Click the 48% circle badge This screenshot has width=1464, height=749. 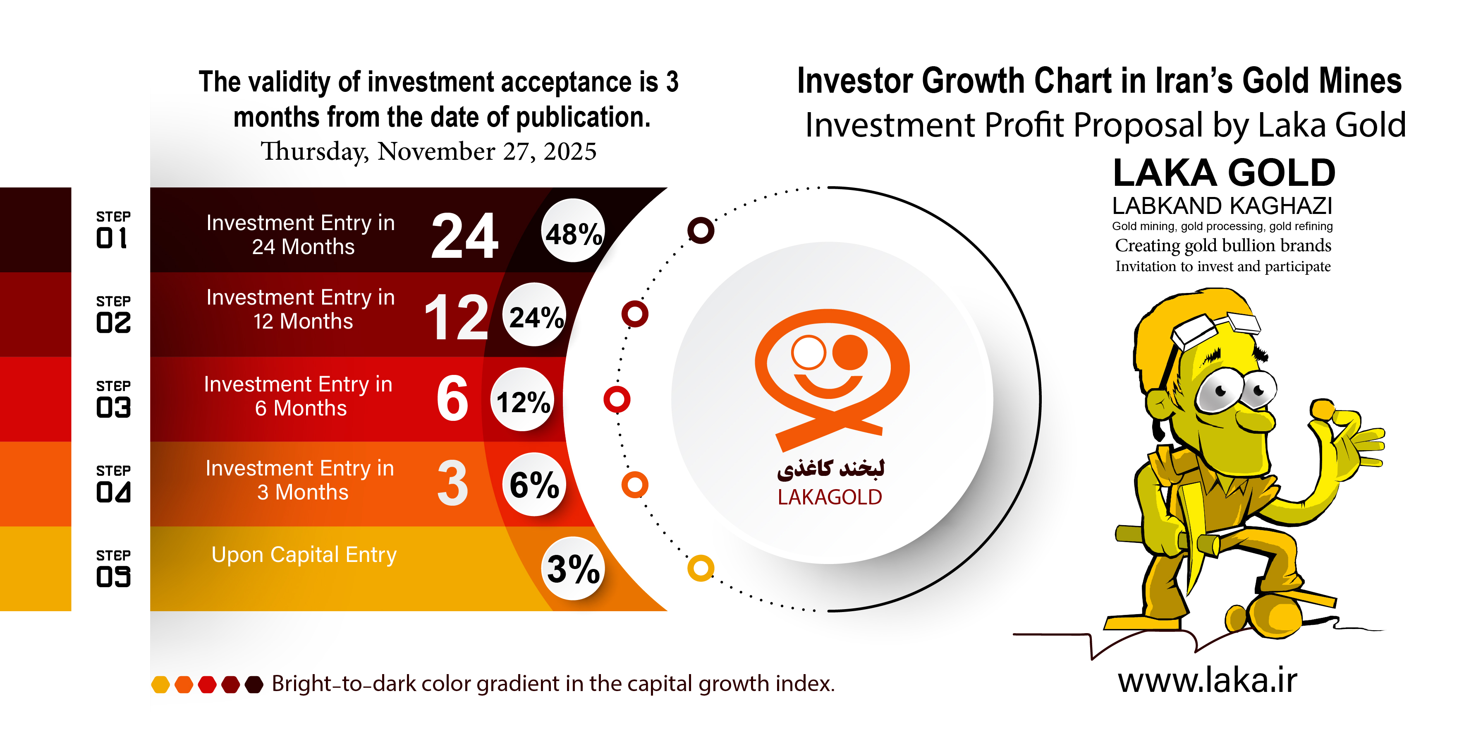coord(573,230)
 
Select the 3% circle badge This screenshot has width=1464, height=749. coord(573,568)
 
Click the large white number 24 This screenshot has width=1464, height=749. coord(464,236)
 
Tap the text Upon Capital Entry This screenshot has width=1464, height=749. coord(304,555)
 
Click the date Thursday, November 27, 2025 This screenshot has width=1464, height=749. coord(428,151)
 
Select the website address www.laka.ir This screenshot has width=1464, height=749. coord(1207,680)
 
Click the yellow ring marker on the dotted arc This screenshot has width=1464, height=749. coord(701,568)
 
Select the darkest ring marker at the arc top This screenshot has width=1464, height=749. coord(701,230)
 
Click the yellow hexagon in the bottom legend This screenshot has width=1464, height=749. coord(161,684)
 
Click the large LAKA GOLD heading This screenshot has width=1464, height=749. coord(1224,173)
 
